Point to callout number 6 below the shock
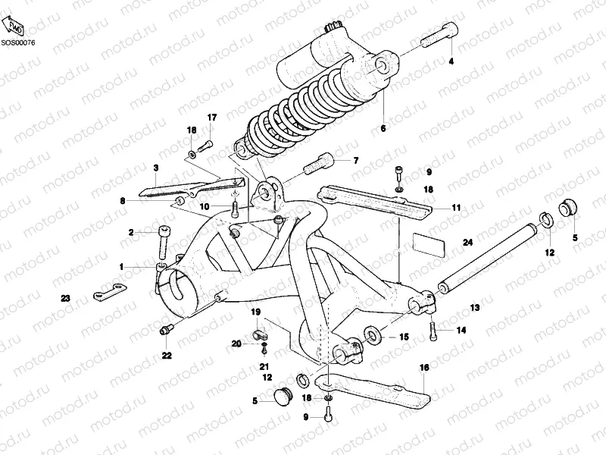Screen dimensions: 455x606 pos(383,129)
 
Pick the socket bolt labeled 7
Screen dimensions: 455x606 pos(319,163)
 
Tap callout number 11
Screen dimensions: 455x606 pos(456,207)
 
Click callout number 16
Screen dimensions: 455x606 pos(423,367)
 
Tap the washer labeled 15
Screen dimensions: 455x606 pos(373,334)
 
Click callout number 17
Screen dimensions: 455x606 pos(212,117)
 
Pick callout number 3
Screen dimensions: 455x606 pos(155,168)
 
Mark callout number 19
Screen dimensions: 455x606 pos(255,312)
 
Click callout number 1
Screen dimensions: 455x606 pos(120,266)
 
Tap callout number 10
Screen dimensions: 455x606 pos(204,206)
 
